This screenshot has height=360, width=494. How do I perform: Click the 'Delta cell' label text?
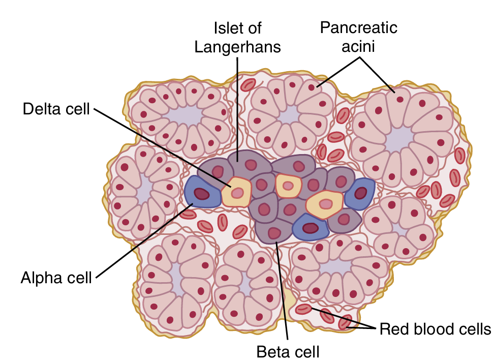(x=56, y=109)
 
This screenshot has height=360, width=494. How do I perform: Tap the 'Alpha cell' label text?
(x=56, y=278)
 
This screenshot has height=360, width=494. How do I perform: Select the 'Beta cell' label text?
(x=288, y=351)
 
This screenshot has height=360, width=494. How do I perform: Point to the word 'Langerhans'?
(x=238, y=47)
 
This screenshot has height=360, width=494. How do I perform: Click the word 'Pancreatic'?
(x=358, y=27)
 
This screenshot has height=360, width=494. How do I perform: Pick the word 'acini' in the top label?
(x=359, y=47)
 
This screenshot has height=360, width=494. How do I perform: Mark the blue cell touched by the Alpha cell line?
(x=201, y=193)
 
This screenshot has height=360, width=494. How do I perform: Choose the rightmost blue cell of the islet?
(x=360, y=193)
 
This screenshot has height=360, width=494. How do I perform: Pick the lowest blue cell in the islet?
(x=310, y=227)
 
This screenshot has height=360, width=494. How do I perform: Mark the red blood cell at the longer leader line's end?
(x=304, y=308)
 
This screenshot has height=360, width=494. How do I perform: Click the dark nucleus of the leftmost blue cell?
(x=202, y=194)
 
